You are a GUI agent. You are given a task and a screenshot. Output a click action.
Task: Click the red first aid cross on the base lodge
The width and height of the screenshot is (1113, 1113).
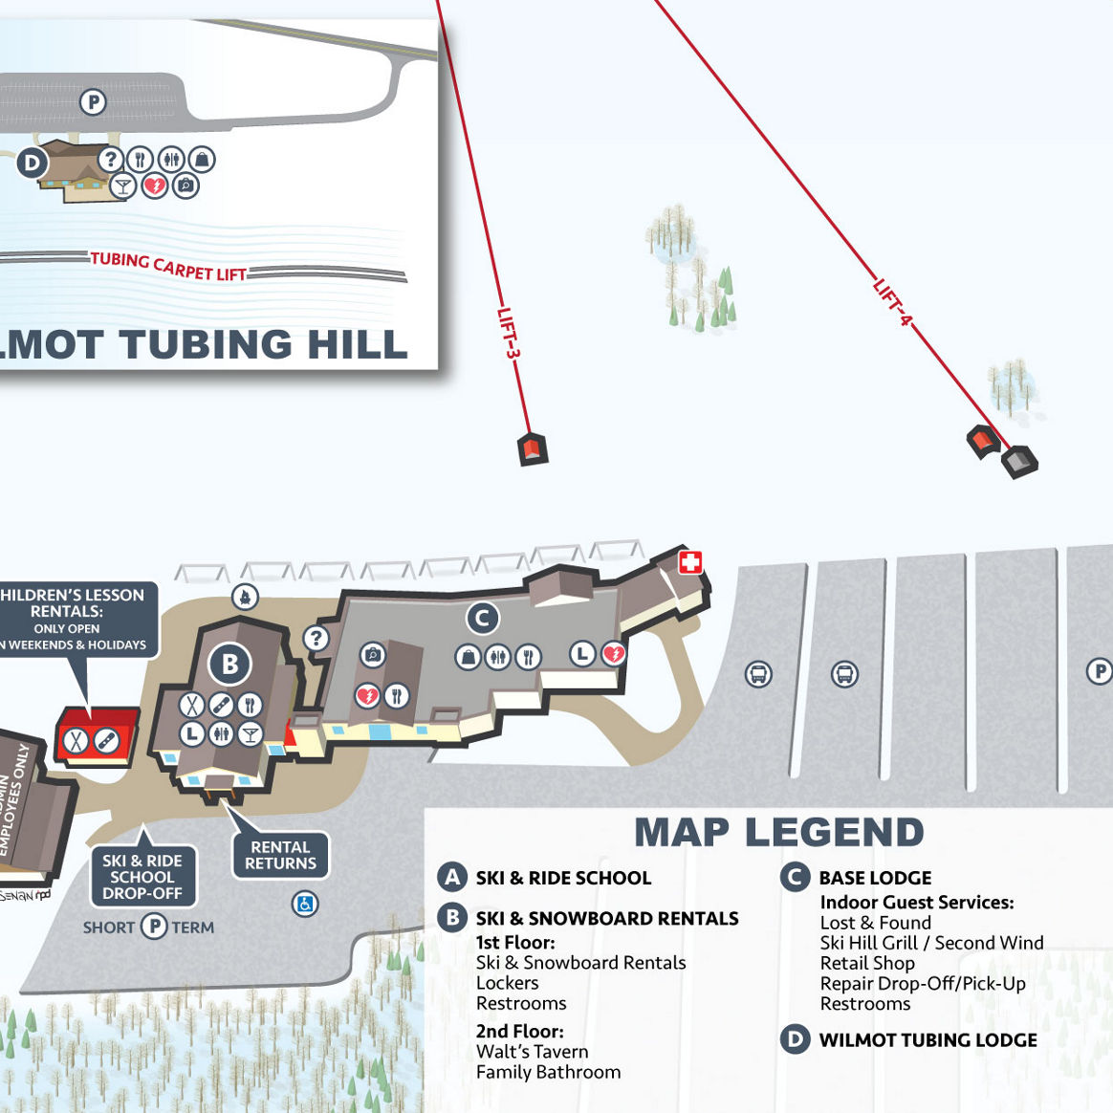click(x=690, y=561)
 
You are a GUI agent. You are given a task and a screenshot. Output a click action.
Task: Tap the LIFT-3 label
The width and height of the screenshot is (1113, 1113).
click(x=509, y=334)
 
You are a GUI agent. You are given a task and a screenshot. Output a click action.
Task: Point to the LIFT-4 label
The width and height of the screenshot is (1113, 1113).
click(x=892, y=301)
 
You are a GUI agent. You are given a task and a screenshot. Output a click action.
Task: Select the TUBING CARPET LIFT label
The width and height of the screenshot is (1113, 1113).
click(x=168, y=266)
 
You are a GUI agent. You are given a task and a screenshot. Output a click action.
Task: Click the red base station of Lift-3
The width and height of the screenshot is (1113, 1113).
click(x=533, y=448)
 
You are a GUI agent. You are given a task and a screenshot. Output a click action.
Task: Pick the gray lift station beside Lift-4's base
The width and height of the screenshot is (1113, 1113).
click(x=1019, y=462)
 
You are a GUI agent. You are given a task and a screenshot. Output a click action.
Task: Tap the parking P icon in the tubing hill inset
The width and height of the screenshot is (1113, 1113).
click(x=93, y=101)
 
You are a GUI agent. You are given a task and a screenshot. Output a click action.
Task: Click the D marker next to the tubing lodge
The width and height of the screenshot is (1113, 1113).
click(x=32, y=163)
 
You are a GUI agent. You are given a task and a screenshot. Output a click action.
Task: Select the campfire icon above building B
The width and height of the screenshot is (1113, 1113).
click(x=246, y=597)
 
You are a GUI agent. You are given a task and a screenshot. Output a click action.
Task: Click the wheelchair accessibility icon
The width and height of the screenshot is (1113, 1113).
click(x=305, y=903)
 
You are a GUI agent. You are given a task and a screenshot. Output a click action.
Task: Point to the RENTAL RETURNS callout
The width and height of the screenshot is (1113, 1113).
click(x=280, y=855)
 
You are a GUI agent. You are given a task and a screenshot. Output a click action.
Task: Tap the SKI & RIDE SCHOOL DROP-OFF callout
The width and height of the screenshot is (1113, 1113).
click(x=142, y=877)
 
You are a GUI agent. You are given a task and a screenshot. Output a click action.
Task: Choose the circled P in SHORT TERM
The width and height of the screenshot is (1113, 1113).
click(x=154, y=927)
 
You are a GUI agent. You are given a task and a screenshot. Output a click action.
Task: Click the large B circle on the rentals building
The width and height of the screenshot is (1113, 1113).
click(x=229, y=663)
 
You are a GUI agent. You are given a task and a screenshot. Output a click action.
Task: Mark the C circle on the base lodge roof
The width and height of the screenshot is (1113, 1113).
click(x=483, y=619)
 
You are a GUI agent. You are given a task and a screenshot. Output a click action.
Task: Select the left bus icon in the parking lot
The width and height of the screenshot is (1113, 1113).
click(x=758, y=674)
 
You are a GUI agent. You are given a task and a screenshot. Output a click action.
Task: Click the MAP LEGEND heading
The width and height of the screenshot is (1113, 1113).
click(x=778, y=832)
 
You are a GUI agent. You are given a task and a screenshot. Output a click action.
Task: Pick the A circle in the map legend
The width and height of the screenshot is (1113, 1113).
click(x=452, y=877)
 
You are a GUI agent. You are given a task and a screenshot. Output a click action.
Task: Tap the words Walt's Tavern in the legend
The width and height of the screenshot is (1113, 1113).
click(x=532, y=1051)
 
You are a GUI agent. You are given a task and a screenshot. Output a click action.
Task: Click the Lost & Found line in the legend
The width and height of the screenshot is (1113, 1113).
click(x=875, y=922)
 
